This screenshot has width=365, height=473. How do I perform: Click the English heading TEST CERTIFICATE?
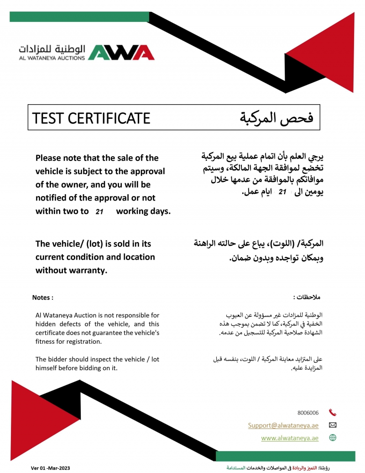91,118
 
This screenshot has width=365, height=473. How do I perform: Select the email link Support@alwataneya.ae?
283,425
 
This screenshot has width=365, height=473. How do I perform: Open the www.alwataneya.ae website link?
290,438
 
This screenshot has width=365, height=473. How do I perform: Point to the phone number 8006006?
308,413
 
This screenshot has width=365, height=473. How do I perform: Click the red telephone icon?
333,413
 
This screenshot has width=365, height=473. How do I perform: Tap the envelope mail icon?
333,425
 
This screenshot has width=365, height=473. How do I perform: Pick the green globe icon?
333,438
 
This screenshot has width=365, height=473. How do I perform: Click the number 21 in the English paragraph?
99,212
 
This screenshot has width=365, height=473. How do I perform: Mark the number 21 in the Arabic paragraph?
282,193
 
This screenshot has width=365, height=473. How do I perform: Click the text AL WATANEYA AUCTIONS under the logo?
52,58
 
